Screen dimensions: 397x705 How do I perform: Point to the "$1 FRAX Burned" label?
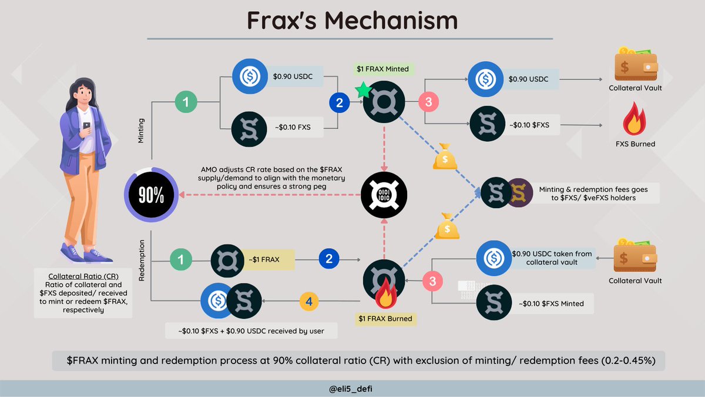pyautogui.click(x=385, y=319)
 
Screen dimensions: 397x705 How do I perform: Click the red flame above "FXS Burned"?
pyautogui.click(x=635, y=121)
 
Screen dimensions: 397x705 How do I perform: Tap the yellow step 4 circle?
pyautogui.click(x=310, y=302)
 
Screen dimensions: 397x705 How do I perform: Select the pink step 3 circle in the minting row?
pyautogui.click(x=429, y=102)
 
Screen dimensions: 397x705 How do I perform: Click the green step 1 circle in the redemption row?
pyautogui.click(x=180, y=258)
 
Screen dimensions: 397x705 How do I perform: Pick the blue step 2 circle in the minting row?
pyautogui.click(x=339, y=104)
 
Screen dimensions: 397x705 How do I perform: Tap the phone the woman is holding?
pyautogui.click(x=86, y=126)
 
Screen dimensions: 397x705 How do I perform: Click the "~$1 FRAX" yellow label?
pyautogui.click(x=269, y=259)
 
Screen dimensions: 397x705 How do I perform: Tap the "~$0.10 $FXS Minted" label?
pyautogui.click(x=552, y=303)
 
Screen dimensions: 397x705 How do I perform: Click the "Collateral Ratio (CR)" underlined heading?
pyautogui.click(x=82, y=276)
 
